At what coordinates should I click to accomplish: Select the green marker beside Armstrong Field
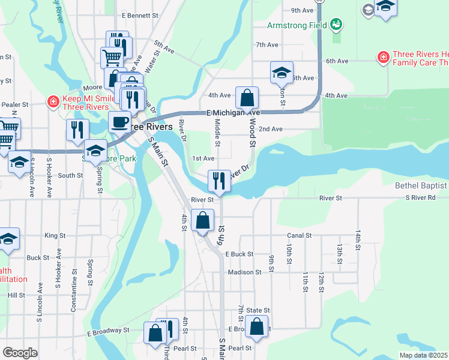click(337, 25)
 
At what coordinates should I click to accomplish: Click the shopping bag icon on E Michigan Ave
click(247, 97)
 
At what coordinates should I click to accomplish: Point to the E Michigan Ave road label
click(233, 112)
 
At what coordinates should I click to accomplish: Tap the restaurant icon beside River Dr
click(219, 180)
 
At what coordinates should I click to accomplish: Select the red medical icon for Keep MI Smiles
click(53, 101)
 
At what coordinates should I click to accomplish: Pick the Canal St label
click(300, 236)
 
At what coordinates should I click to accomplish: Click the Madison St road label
click(244, 272)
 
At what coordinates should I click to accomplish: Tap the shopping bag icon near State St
click(257, 328)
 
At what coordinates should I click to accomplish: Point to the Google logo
click(20, 352)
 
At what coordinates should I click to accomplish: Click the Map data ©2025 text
click(423, 355)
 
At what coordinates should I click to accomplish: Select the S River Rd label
click(427, 197)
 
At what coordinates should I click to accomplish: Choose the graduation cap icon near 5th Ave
click(282, 73)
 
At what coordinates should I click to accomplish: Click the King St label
click(55, 236)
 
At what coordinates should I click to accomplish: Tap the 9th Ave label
click(302, 10)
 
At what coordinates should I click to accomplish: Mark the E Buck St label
click(240, 254)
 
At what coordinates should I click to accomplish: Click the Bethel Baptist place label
click(421, 186)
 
